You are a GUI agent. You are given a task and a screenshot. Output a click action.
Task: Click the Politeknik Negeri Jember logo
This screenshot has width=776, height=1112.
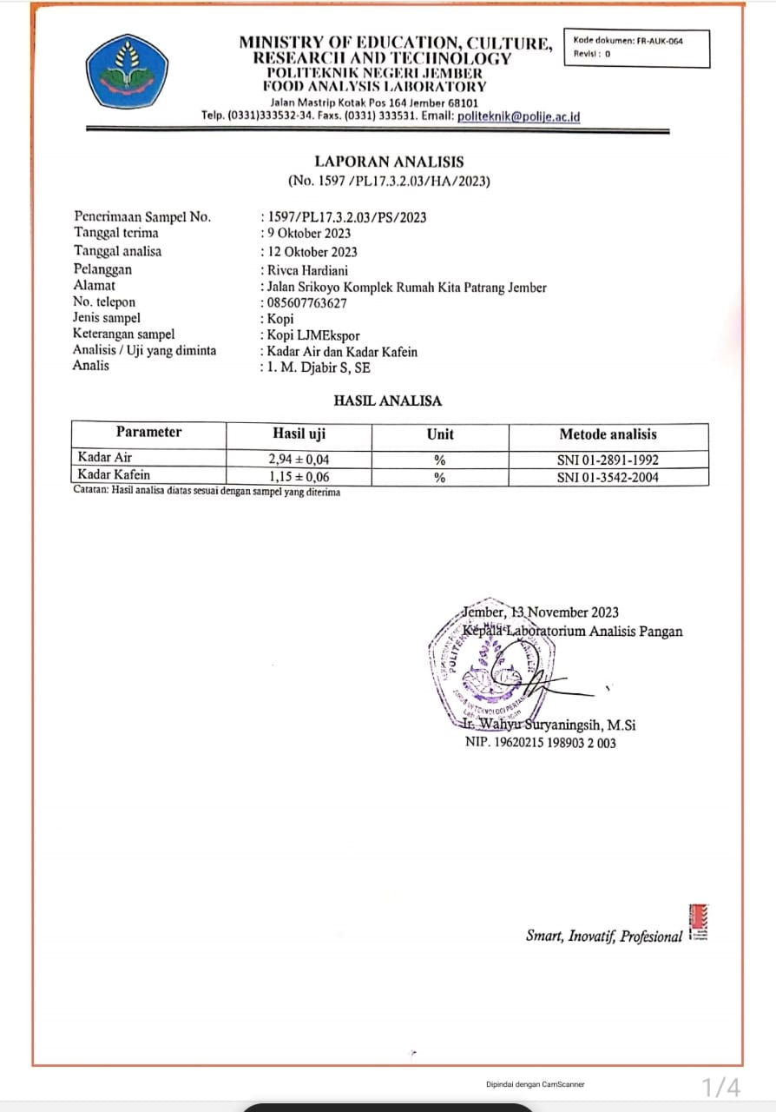coord(127,70)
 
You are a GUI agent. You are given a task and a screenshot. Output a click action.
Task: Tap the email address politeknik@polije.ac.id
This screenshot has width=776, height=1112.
coord(518,116)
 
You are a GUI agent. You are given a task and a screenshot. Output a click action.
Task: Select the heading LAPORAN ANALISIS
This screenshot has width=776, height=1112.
coord(389,162)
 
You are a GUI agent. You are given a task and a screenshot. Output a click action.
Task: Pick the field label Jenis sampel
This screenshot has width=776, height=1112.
coord(108,318)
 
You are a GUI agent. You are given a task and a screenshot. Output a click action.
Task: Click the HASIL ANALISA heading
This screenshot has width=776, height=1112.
coord(387,401)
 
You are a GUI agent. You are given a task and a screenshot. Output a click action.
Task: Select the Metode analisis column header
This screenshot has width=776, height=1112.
coord(608,434)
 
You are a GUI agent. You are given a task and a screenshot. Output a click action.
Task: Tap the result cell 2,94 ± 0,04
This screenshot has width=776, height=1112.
coord(299,460)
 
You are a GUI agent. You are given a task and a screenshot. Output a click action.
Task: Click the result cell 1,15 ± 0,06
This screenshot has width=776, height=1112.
coord(299,477)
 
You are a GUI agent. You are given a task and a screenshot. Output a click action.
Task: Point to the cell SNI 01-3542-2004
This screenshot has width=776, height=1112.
coord(608,477)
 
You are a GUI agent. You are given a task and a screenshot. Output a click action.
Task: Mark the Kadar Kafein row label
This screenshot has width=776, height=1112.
coord(113,475)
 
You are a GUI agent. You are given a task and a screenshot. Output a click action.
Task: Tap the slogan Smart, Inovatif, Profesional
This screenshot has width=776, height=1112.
coord(603,936)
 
